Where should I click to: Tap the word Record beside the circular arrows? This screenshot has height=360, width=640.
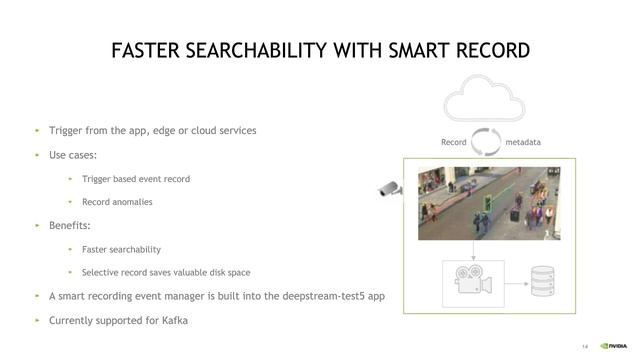pos(453,142)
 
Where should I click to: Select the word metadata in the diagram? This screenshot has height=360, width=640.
pos(523,142)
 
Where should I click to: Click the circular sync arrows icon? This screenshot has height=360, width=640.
pos(486,141)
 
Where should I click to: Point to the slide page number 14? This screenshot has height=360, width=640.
pos(585,347)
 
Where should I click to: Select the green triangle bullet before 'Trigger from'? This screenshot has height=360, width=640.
pos(37,131)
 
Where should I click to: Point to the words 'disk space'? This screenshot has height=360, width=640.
pos(228,273)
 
